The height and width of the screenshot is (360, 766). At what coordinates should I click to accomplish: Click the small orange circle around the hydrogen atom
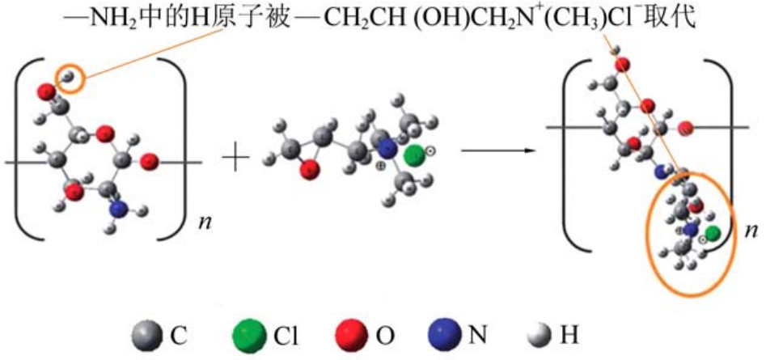click(x=70, y=78)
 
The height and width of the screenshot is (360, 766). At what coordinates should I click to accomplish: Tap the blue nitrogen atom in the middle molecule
click(x=388, y=149)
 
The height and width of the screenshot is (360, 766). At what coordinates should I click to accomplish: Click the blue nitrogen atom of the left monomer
click(x=120, y=209)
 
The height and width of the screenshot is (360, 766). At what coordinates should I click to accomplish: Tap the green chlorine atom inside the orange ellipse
click(x=711, y=234)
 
